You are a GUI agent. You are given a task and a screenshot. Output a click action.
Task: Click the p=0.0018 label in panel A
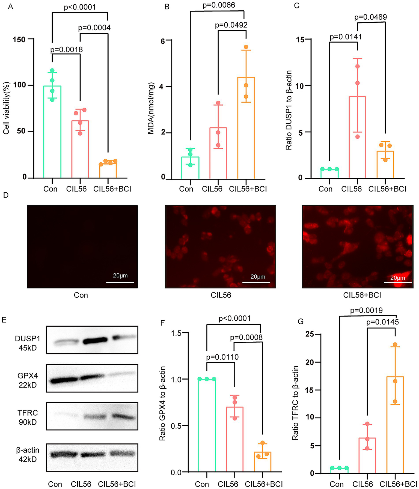point(66,49)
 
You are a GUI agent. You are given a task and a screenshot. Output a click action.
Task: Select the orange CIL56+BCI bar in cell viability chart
point(108,170)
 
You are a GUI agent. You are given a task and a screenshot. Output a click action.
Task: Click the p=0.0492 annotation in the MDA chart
point(231,25)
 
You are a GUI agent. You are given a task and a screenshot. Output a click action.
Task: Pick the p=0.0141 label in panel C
point(346,37)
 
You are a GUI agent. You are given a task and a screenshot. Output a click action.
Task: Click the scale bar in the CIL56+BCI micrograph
point(397,282)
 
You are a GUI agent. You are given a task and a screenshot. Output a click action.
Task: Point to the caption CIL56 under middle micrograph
point(221,295)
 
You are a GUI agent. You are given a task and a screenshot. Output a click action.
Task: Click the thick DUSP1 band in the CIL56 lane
point(95,340)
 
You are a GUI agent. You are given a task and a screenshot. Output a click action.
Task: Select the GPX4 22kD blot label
point(28,380)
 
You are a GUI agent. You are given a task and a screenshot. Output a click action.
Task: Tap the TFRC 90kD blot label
point(28,417)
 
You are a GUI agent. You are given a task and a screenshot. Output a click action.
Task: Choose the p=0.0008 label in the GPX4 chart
point(246,338)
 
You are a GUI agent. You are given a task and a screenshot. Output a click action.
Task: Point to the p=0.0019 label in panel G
point(366,310)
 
